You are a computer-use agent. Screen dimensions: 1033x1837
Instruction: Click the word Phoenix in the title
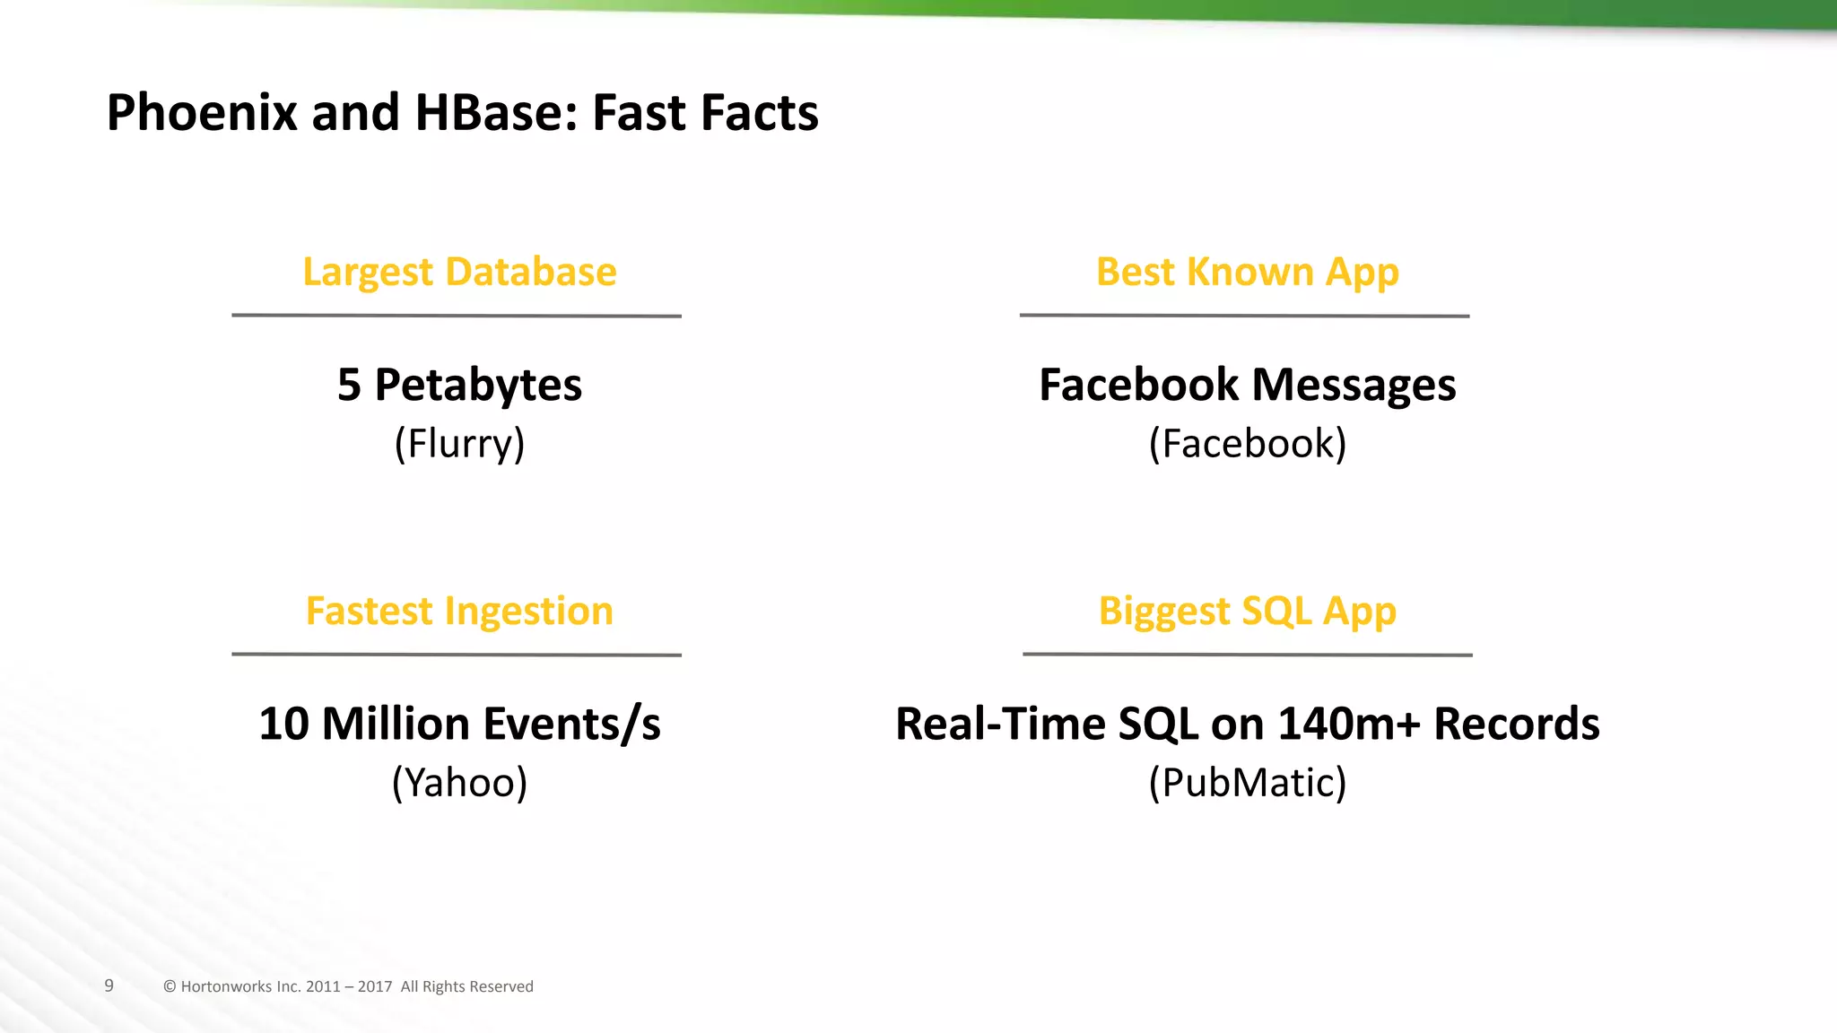(x=202, y=114)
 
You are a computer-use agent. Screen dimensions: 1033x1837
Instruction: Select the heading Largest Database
(x=459, y=272)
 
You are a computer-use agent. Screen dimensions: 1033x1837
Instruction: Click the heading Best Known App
(x=1247, y=272)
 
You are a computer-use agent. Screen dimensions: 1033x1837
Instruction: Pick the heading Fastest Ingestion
(x=459, y=612)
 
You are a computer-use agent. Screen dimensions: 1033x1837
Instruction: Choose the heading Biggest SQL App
(x=1247, y=612)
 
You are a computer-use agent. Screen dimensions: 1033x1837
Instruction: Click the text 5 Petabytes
(x=459, y=386)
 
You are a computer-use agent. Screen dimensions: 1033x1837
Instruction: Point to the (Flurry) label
(x=459, y=444)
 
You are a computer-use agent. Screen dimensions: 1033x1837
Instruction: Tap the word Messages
(x=1354, y=386)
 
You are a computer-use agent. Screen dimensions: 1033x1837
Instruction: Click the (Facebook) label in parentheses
(x=1247, y=444)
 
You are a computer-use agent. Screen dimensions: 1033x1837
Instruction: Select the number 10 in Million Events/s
(x=283, y=725)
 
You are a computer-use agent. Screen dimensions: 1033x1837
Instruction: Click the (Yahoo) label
(x=459, y=783)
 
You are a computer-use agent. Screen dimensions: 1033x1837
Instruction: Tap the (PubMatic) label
(x=1247, y=783)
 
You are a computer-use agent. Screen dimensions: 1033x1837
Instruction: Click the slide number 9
(x=109, y=985)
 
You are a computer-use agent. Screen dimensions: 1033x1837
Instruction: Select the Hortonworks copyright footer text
(x=348, y=986)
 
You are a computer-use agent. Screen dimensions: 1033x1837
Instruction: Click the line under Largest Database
(x=457, y=316)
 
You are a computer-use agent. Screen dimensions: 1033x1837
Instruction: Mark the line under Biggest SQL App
(x=1247, y=655)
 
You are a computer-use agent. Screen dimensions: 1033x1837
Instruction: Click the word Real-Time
(x=1000, y=725)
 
